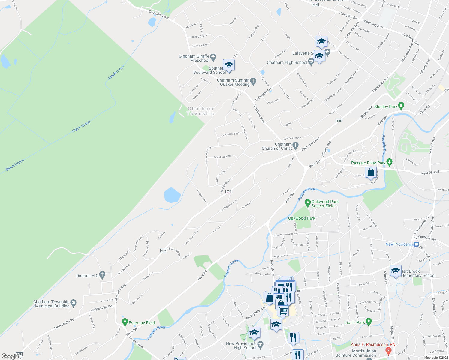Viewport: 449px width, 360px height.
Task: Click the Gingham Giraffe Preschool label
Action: [x=194, y=58]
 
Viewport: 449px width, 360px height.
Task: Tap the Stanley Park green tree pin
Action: [x=401, y=106]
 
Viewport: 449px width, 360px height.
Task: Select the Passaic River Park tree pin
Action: [x=390, y=163]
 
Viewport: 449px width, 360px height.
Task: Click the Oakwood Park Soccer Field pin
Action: [x=308, y=203]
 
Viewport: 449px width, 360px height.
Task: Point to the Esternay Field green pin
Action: [x=125, y=322]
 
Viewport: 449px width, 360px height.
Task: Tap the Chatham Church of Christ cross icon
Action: [x=296, y=146]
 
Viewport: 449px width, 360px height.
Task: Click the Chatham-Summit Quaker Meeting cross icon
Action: [x=253, y=81]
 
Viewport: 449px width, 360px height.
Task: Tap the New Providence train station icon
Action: [x=417, y=244]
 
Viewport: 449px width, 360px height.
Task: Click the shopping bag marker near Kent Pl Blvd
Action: [x=371, y=173]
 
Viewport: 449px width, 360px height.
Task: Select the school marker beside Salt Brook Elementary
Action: [x=396, y=271]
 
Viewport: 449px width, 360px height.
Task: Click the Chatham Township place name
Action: [x=200, y=111]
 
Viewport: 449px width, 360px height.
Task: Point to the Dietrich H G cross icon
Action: [x=102, y=275]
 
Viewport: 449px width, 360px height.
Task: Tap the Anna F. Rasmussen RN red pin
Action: [x=389, y=350]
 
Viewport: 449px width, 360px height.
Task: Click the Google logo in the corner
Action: [x=10, y=356]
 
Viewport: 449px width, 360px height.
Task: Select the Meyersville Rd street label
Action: [x=101, y=308]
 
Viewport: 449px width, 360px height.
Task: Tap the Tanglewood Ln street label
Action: [x=202, y=196]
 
